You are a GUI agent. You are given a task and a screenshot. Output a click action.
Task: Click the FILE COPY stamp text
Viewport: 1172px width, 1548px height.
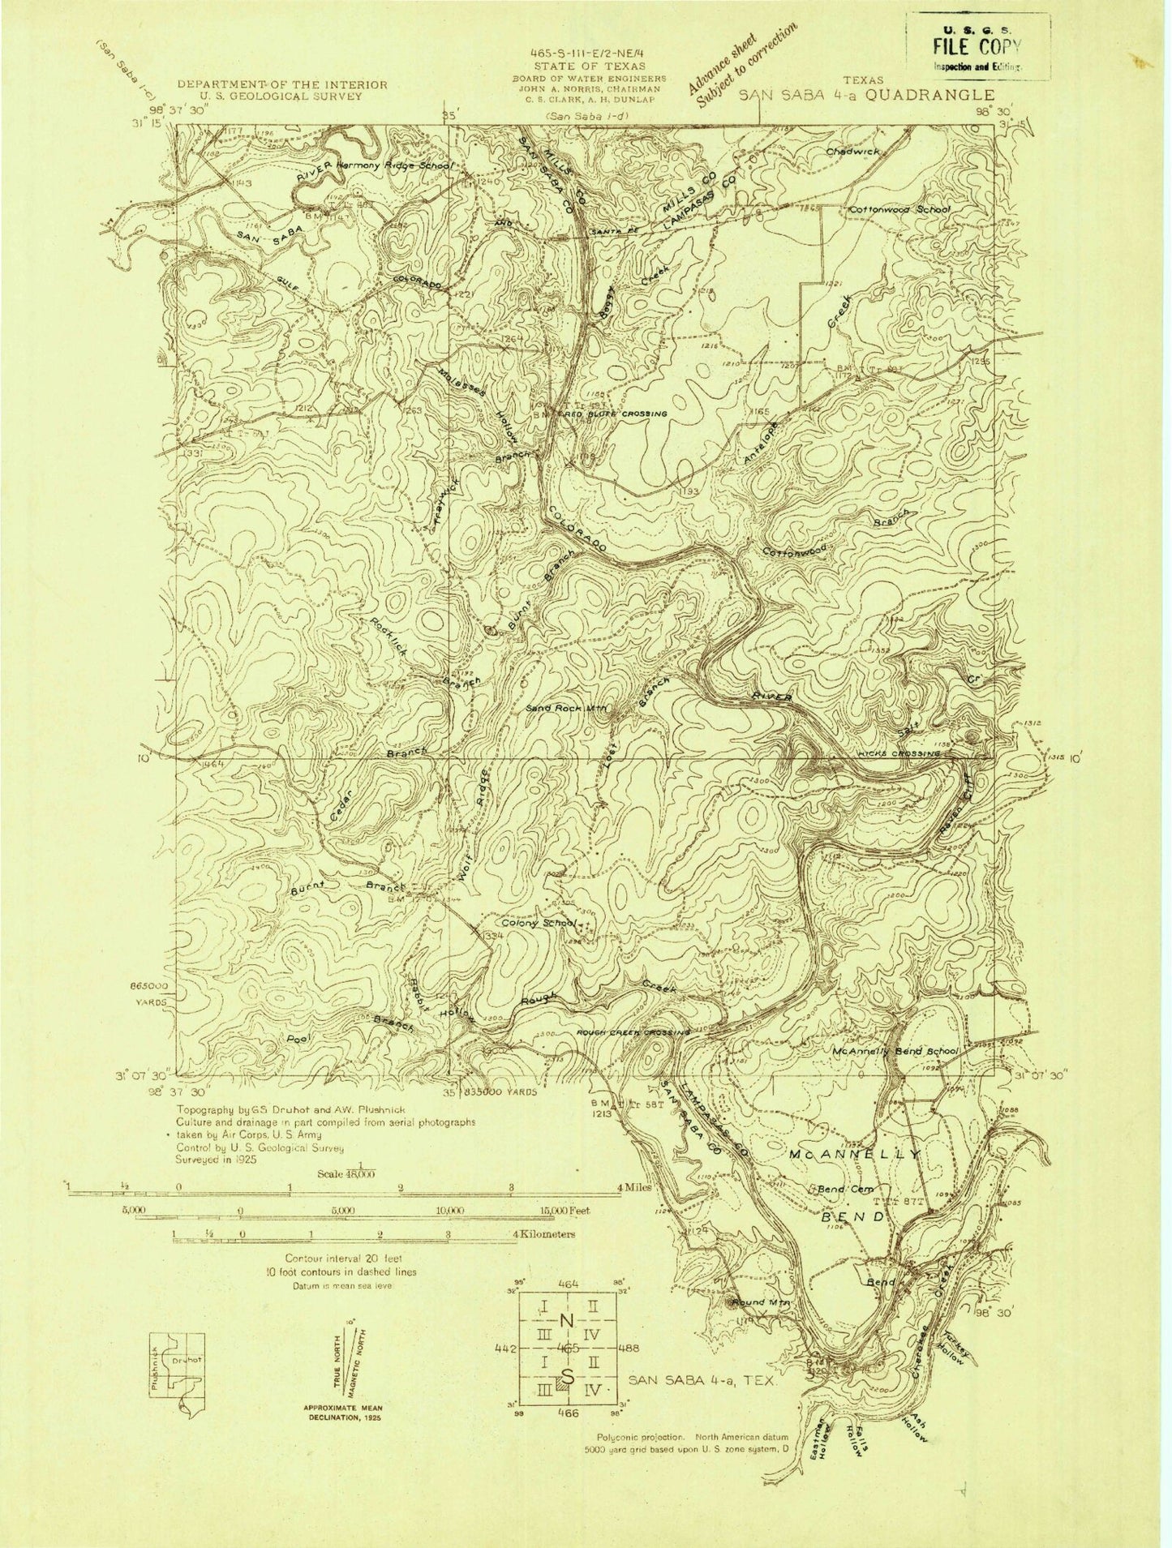tap(978, 46)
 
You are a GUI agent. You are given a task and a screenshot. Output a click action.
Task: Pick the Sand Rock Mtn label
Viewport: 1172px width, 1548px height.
tap(567, 708)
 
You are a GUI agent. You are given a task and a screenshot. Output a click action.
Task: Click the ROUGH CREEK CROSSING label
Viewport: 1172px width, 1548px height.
tap(633, 1032)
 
